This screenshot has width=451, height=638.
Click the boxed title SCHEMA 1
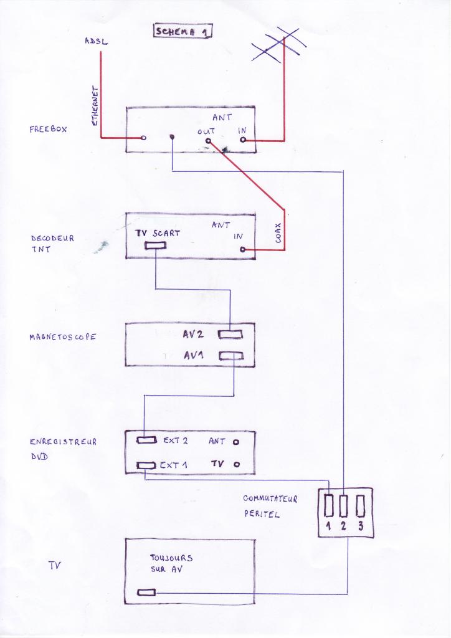(x=182, y=31)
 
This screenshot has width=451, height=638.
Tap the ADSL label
(x=96, y=41)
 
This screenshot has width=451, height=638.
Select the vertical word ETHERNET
(x=95, y=106)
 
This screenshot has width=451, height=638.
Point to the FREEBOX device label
(x=48, y=130)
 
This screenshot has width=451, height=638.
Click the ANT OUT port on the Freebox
(x=208, y=142)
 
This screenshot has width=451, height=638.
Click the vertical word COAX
(x=278, y=234)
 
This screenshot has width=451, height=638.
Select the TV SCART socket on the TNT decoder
(x=155, y=245)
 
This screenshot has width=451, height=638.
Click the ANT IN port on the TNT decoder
(x=242, y=250)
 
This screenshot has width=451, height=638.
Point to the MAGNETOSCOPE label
(x=63, y=337)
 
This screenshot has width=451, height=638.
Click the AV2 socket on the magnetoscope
(x=230, y=335)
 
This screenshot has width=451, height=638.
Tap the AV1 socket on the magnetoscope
(x=230, y=356)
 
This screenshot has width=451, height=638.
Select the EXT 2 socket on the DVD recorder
(x=147, y=441)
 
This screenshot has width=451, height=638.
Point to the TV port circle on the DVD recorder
(x=235, y=465)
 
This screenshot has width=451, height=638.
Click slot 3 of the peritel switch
(x=359, y=505)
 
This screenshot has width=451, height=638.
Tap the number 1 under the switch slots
(x=329, y=526)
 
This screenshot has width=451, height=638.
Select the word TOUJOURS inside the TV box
(x=171, y=558)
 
